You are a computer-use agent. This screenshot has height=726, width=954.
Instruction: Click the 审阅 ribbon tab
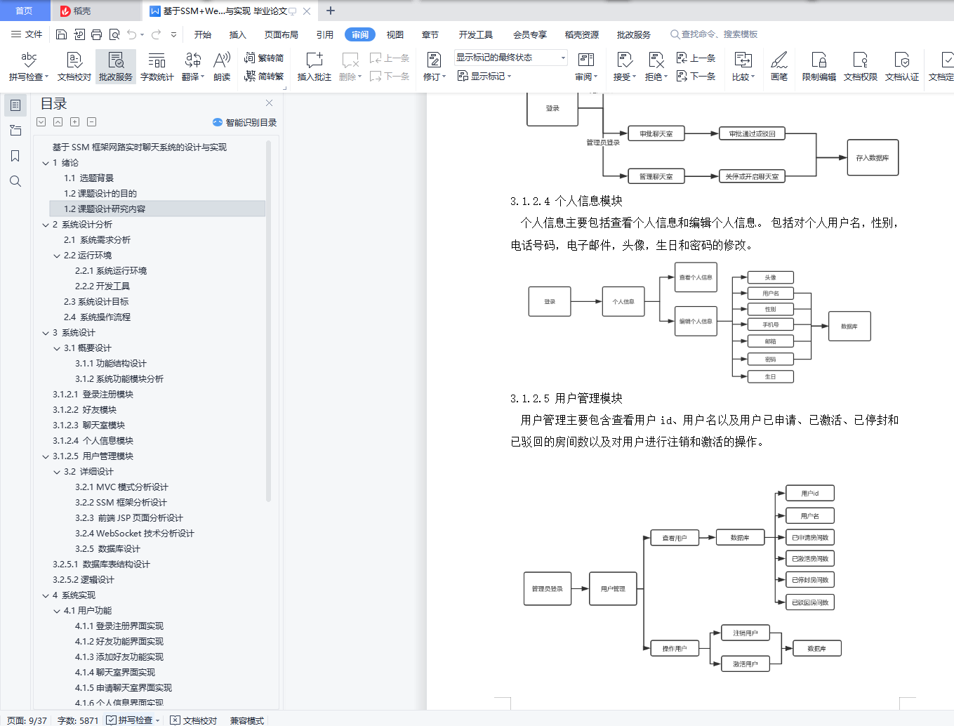pyautogui.click(x=359, y=34)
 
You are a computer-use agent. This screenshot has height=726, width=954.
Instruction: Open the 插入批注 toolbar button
pyautogui.click(x=314, y=67)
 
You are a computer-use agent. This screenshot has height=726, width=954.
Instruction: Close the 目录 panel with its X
pyautogui.click(x=269, y=103)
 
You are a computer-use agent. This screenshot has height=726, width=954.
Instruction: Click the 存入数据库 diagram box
pyautogui.click(x=873, y=158)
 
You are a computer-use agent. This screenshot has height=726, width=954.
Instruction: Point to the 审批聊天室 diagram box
pyautogui.click(x=656, y=133)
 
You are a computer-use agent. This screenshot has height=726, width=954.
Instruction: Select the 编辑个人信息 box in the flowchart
pyautogui.click(x=696, y=322)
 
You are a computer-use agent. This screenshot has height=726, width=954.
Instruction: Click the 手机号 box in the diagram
pyautogui.click(x=770, y=324)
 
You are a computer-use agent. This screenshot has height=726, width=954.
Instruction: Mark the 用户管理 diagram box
pyautogui.click(x=613, y=588)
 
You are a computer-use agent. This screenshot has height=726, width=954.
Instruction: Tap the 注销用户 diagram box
pyautogui.click(x=745, y=633)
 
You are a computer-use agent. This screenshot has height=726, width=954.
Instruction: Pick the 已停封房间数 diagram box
pyautogui.click(x=809, y=580)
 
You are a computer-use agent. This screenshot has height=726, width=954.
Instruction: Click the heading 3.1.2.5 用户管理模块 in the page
pyautogui.click(x=567, y=398)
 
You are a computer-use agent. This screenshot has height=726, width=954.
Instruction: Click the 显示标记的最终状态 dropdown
pyautogui.click(x=510, y=58)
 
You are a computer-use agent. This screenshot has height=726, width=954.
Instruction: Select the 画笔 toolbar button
pyautogui.click(x=779, y=67)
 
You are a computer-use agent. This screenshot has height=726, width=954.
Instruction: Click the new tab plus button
pyautogui.click(x=331, y=11)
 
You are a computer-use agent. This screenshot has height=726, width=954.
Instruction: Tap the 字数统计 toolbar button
pyautogui.click(x=157, y=67)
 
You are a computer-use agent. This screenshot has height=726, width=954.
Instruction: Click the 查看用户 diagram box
pyautogui.click(x=674, y=538)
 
